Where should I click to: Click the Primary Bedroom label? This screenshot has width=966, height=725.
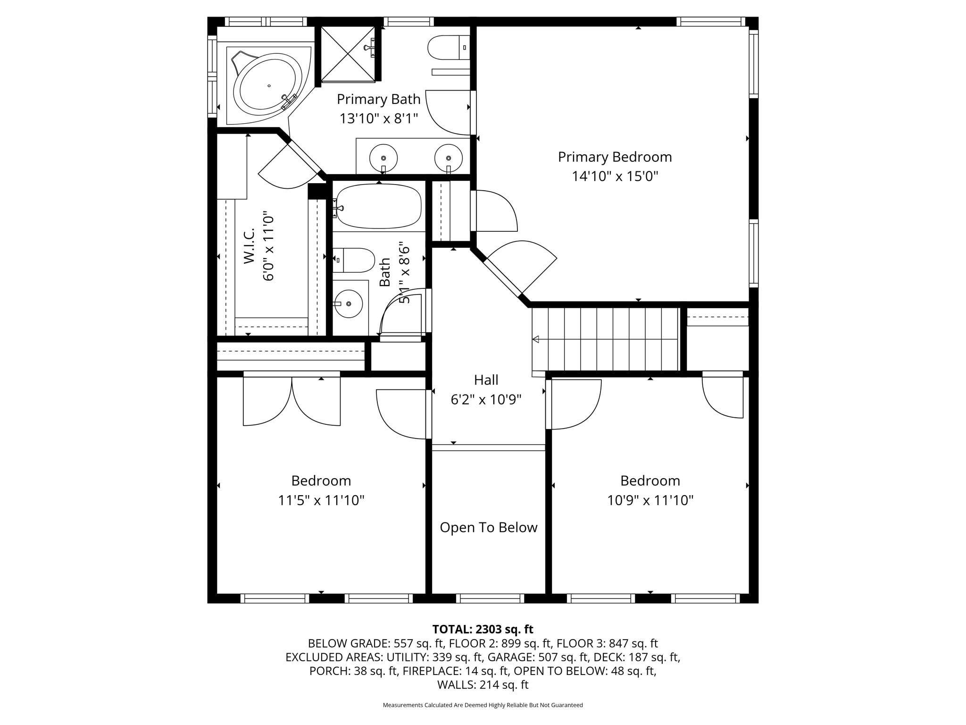click(x=615, y=157)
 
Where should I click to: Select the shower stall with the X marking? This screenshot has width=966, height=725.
click(x=348, y=54)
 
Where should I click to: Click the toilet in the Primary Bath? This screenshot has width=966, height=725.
click(x=448, y=48)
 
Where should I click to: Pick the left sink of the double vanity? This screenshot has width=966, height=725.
click(x=383, y=159)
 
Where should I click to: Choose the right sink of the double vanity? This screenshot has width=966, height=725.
click(x=448, y=159)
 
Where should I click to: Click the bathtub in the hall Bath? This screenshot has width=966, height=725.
click(x=379, y=206)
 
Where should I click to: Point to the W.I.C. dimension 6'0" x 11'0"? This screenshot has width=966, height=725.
click(x=268, y=246)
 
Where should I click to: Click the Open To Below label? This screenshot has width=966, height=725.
click(x=488, y=527)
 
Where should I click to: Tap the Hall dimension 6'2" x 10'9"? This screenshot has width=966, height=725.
click(x=486, y=400)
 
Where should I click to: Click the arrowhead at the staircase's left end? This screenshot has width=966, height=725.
click(x=536, y=339)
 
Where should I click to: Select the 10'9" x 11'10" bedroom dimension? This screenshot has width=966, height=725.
click(x=650, y=500)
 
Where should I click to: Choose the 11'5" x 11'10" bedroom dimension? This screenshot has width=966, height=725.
click(x=321, y=500)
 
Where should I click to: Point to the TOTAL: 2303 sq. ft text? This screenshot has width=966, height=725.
click(x=483, y=629)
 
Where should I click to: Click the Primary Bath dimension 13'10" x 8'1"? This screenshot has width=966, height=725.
click(x=379, y=118)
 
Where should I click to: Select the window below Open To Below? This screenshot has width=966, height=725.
click(x=490, y=599)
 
